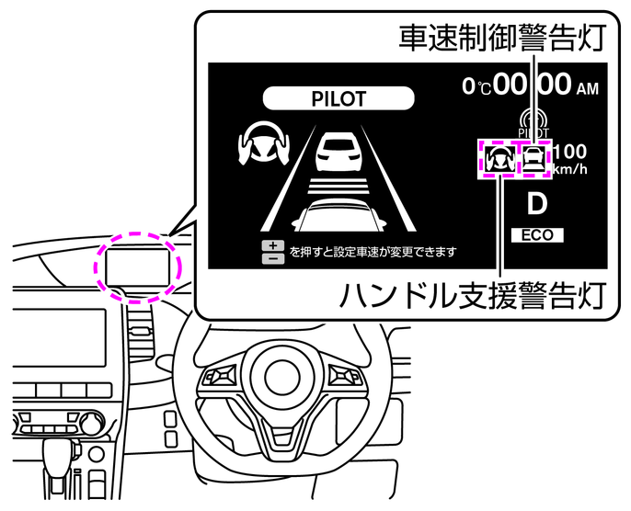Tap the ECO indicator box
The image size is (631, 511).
point(537,235)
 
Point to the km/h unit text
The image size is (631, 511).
point(570,169)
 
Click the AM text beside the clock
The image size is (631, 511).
point(587,89)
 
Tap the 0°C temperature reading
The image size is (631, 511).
point(476,87)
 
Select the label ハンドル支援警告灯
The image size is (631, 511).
point(474,296)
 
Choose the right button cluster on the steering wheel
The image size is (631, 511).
point(343,378)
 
